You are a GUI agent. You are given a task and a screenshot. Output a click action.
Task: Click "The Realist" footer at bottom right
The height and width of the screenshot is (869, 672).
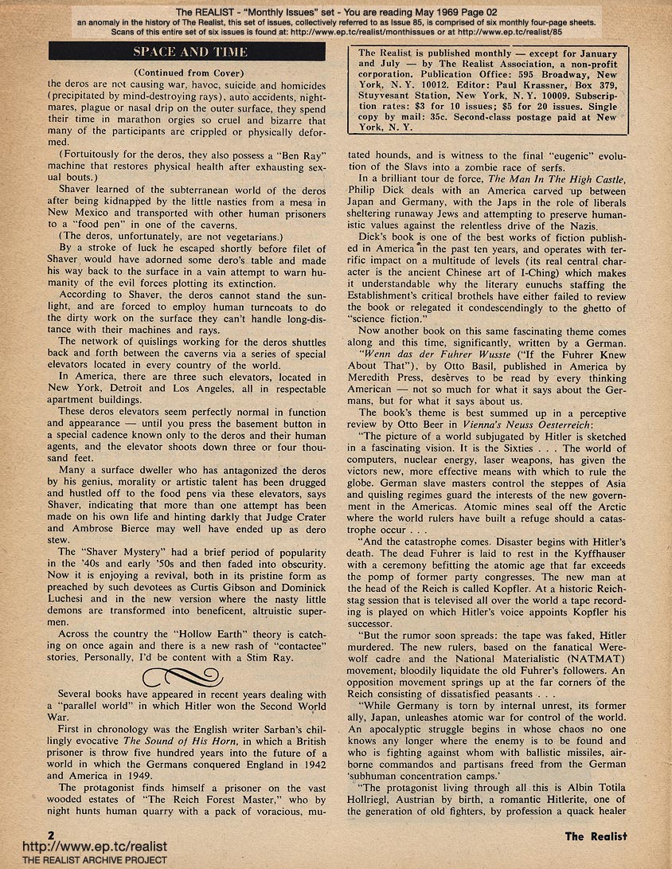(x=596, y=836)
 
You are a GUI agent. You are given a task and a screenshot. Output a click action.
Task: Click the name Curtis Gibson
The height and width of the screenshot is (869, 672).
(x=213, y=590)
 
